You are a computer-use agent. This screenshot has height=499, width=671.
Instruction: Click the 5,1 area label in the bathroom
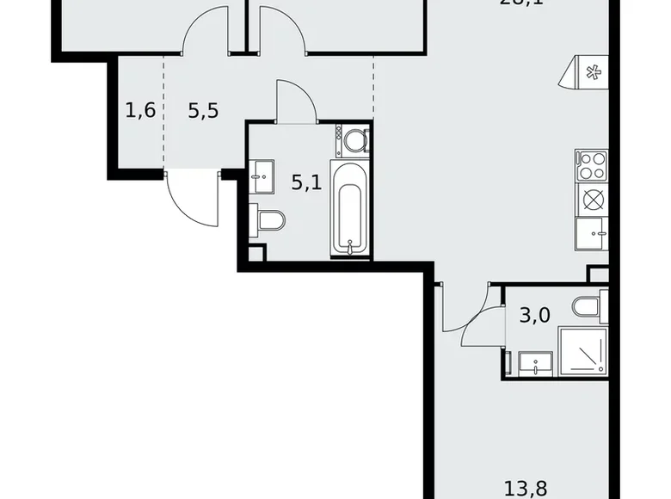point(305,183)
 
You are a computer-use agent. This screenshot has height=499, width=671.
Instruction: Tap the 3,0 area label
point(534,316)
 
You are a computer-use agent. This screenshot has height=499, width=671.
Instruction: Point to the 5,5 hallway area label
point(202,110)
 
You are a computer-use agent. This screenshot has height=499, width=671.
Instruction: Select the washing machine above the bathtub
point(354,139)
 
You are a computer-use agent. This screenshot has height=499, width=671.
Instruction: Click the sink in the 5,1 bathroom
point(261,176)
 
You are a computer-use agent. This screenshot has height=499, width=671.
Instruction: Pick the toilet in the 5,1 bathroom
point(269,222)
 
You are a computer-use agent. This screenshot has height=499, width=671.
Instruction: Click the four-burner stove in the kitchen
point(592,164)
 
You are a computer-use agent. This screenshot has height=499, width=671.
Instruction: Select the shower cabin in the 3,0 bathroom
point(582,351)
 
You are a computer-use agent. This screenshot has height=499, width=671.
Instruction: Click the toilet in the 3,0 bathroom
point(591,306)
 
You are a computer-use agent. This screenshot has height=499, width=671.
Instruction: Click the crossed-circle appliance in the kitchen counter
point(592,199)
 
